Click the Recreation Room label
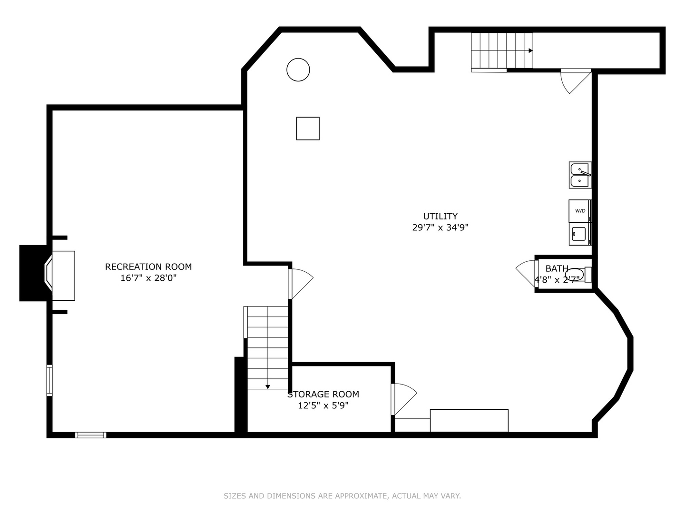(148, 267)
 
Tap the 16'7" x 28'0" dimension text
(148, 278)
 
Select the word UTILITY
(440, 216)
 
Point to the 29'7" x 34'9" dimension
(440, 227)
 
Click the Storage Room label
(323, 395)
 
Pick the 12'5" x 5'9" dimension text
(323, 405)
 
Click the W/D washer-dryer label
(580, 211)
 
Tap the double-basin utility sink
(580, 175)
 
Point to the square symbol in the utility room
(308, 128)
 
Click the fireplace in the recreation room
(60, 276)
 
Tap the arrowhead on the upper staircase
(530, 50)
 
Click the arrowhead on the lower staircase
(268, 387)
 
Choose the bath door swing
(526, 273)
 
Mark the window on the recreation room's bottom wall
(91, 435)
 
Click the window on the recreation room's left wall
(49, 380)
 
